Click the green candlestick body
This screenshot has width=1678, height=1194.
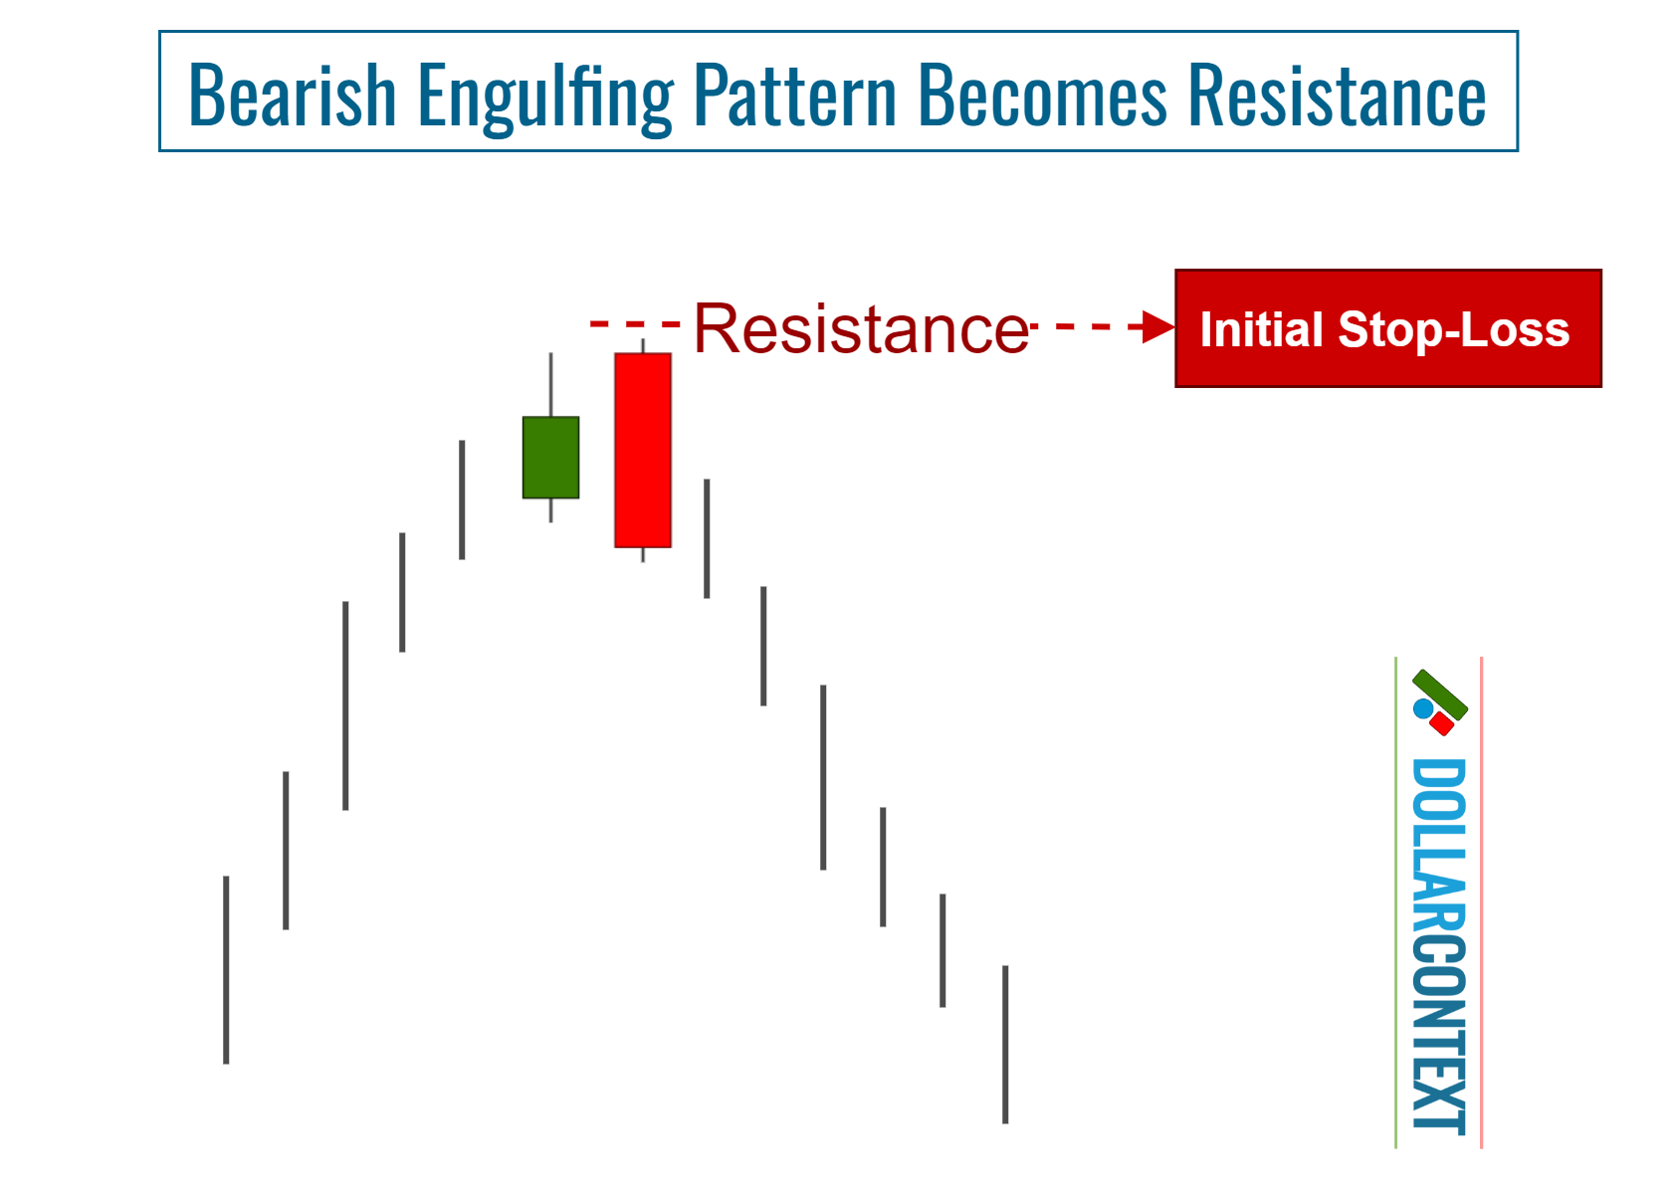(x=550, y=458)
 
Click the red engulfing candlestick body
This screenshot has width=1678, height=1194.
(x=642, y=450)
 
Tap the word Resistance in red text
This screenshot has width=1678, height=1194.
(x=861, y=328)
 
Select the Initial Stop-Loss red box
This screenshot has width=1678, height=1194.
(x=1387, y=328)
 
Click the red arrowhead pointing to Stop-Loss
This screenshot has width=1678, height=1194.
(x=1158, y=326)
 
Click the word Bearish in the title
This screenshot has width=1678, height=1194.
(x=292, y=96)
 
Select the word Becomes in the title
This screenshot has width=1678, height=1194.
(x=1041, y=96)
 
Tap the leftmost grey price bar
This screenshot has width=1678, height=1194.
(x=226, y=969)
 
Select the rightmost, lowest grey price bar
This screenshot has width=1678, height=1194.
(x=1005, y=1044)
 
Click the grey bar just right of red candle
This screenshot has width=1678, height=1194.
(x=707, y=538)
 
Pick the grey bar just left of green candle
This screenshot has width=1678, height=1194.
(x=462, y=499)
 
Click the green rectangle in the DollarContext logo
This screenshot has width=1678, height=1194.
(x=1440, y=695)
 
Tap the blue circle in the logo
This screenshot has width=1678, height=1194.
(x=1423, y=708)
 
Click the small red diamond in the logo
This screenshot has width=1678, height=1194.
(x=1440, y=723)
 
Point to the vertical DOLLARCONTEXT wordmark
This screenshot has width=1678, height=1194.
(x=1438, y=945)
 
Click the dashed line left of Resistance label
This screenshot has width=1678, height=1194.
(x=634, y=323)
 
